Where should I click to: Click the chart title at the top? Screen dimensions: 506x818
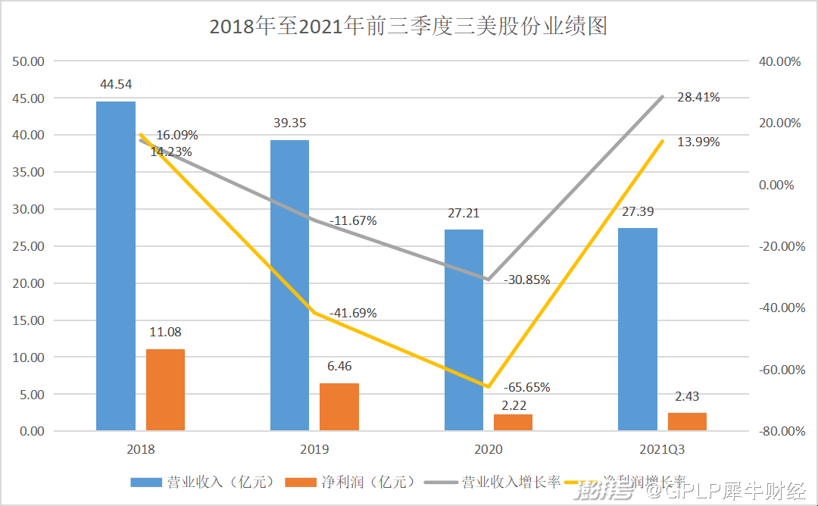408,27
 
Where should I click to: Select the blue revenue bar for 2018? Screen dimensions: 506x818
116,265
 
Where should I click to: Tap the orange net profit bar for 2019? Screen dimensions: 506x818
339,407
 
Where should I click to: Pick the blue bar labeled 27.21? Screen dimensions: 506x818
464,330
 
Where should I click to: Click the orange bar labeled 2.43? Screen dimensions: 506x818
687,421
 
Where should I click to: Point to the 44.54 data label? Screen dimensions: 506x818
117,84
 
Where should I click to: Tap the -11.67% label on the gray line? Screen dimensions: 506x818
353,221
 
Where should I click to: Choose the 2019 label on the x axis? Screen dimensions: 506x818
314,449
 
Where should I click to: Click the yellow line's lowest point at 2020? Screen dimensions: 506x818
489,386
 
